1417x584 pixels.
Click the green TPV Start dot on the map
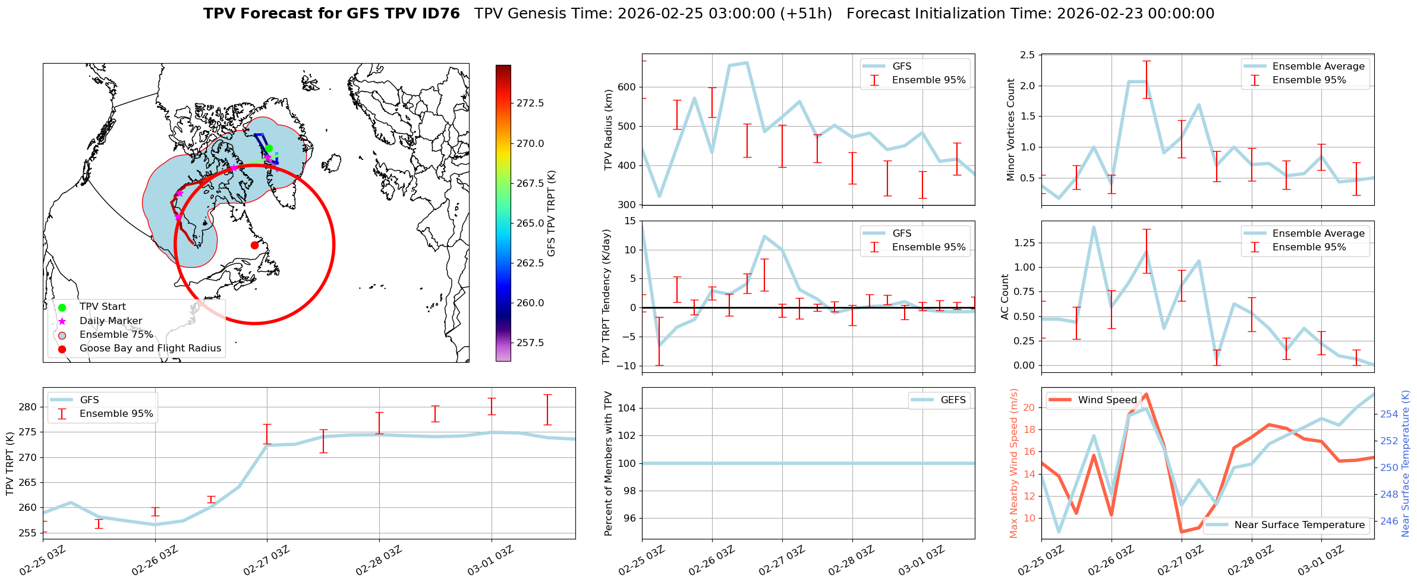pos(269,148)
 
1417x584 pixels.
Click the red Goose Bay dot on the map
pos(254,245)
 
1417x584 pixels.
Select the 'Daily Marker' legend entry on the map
pos(111,321)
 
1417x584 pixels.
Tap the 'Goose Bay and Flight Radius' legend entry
pos(150,348)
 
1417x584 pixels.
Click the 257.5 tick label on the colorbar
pos(530,343)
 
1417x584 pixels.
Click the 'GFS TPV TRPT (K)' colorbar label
pos(551,213)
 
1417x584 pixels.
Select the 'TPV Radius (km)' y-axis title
pos(608,130)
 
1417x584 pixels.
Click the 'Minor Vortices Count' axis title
pos(1010,130)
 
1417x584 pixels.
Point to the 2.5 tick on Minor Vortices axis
pos(1027,55)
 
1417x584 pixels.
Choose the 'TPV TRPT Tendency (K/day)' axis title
pos(606,297)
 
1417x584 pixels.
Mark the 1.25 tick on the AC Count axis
pos(1025,243)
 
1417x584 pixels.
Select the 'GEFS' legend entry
pos(953,400)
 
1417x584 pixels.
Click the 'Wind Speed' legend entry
pos(1107,400)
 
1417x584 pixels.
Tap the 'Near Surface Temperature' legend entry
pos(1299,525)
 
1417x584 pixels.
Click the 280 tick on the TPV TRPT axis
pos(28,407)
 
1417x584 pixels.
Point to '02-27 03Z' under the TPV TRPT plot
pos(266,560)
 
